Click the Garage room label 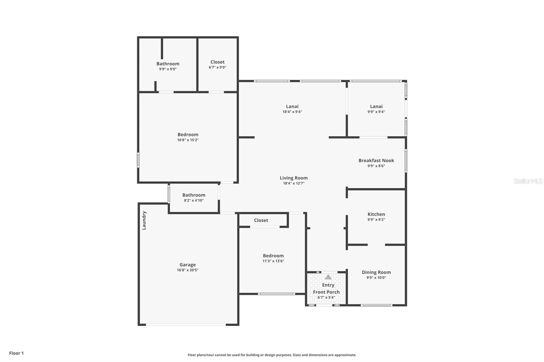[187, 265]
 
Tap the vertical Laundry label [144, 220]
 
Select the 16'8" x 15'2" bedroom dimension [188, 140]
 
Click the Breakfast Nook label [376, 160]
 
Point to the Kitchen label [376, 214]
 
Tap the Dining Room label [376, 272]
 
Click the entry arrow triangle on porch [328, 277]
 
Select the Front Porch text [326, 292]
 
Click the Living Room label [293, 178]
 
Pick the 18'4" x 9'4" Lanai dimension [292, 112]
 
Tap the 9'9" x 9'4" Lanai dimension [376, 112]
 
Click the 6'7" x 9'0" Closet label [217, 62]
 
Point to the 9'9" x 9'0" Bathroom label [168, 64]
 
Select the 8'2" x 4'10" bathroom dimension [193, 200]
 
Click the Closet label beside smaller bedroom [261, 220]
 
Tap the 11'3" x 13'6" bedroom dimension [273, 261]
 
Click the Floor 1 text [16, 353]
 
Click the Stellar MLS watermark [528, 181]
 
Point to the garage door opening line [186, 325]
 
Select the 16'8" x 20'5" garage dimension [187, 270]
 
